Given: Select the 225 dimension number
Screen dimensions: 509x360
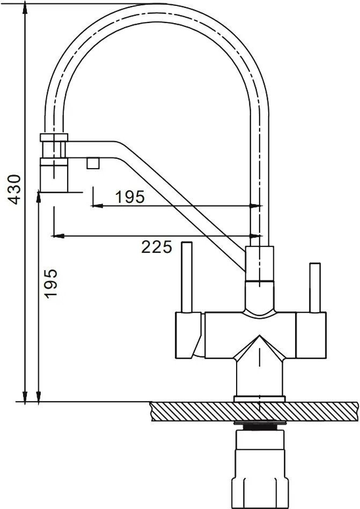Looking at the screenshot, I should [x=157, y=247].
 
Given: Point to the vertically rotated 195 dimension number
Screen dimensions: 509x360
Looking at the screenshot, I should [x=50, y=283].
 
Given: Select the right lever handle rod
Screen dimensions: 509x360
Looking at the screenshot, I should [x=315, y=287].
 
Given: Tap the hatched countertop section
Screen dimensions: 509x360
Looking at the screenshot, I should [x=255, y=411].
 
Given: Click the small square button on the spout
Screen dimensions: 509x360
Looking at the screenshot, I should [x=93, y=162].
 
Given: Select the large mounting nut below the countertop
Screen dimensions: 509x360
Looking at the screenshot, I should [x=259, y=470].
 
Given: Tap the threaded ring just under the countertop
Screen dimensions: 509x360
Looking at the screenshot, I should [x=259, y=426].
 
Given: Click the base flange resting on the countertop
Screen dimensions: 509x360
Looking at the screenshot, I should [x=259, y=398].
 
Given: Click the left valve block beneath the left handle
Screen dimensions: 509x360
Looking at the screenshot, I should [x=189, y=335].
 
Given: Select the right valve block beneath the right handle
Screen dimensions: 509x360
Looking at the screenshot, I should [x=311, y=335].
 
